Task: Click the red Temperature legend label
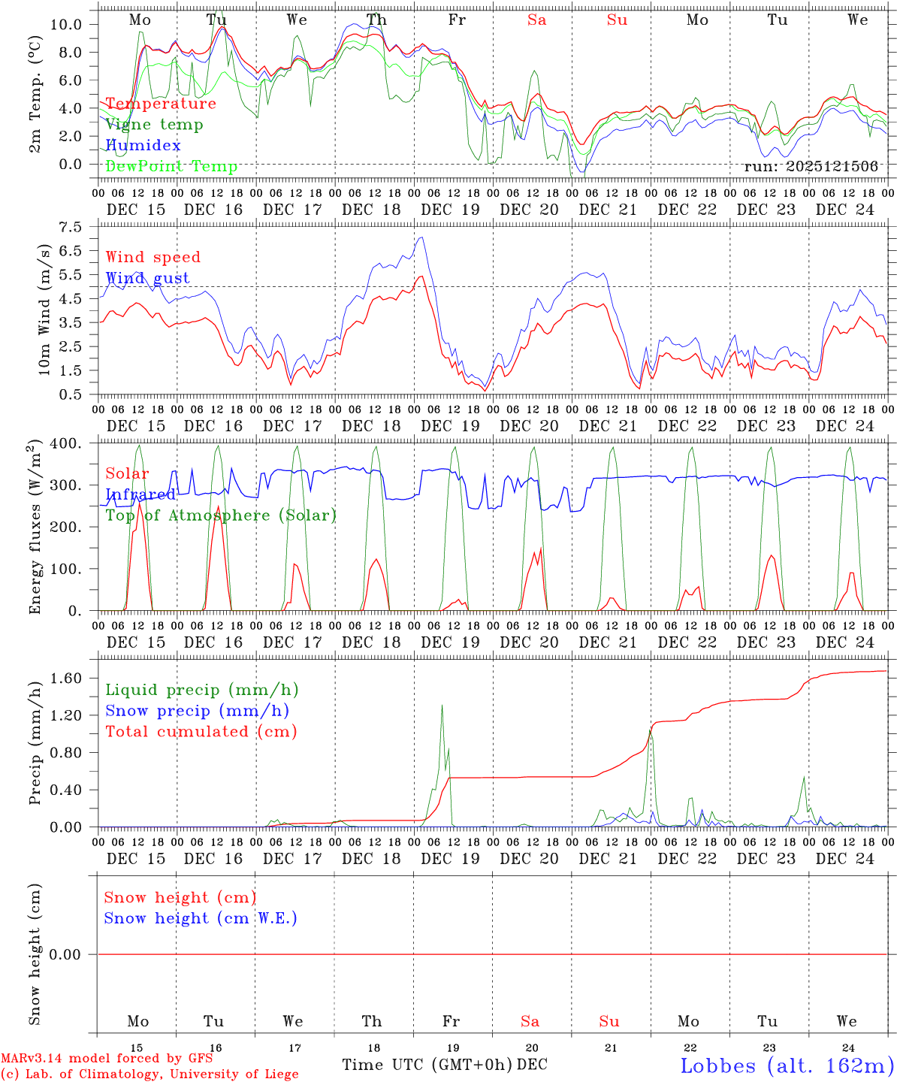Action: click(161, 104)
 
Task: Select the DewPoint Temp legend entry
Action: click(171, 166)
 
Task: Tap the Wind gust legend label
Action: click(147, 278)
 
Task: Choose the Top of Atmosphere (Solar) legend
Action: click(221, 515)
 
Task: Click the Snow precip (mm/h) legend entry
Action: click(198, 710)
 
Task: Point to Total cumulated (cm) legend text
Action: click(201, 731)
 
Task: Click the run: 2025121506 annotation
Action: click(811, 166)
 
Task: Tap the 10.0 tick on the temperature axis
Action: click(66, 24)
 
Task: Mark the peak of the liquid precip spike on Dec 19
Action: click(442, 705)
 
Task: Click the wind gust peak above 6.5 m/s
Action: click(421, 238)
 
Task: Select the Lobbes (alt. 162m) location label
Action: click(787, 1065)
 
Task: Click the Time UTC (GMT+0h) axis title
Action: click(427, 1065)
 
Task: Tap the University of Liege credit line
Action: click(149, 1074)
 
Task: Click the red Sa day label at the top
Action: click(536, 20)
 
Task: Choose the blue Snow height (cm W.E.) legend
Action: click(201, 918)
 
